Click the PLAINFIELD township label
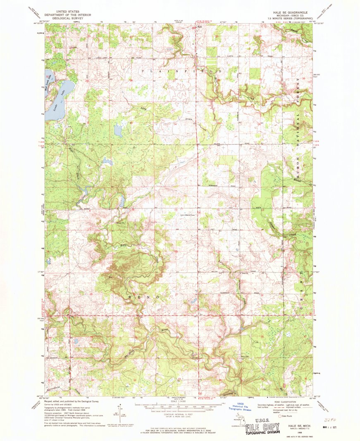coord(178,71)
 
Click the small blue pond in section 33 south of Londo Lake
coord(118,131)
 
